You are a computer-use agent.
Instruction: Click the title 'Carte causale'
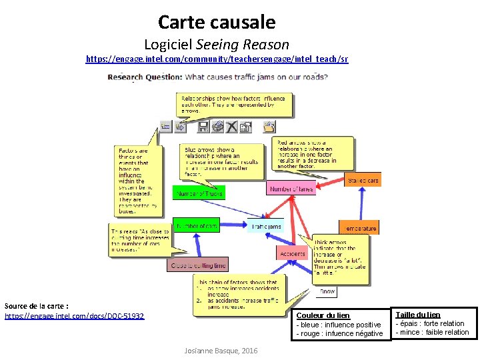tap(216, 23)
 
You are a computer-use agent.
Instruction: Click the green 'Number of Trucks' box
tap(199, 193)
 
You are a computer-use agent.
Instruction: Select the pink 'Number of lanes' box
tap(291, 189)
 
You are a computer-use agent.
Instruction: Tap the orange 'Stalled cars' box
tap(363, 180)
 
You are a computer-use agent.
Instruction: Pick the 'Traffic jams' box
tap(266, 227)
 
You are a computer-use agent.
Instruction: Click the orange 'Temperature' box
tap(360, 228)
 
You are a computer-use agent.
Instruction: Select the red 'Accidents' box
tap(292, 253)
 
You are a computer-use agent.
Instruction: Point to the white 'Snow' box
tap(327, 291)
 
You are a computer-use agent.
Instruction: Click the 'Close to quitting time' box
tap(198, 265)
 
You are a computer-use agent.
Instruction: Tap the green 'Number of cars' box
tap(196, 225)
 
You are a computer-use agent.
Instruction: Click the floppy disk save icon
tap(204, 126)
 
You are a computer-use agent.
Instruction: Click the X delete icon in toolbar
tap(231, 126)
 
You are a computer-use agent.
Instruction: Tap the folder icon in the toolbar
tap(269, 126)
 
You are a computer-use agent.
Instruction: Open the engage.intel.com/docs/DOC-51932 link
tap(74, 315)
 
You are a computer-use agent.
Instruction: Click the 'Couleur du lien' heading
tap(323, 315)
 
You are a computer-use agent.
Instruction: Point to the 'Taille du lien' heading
tap(418, 315)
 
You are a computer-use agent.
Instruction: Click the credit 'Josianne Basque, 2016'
tap(221, 351)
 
